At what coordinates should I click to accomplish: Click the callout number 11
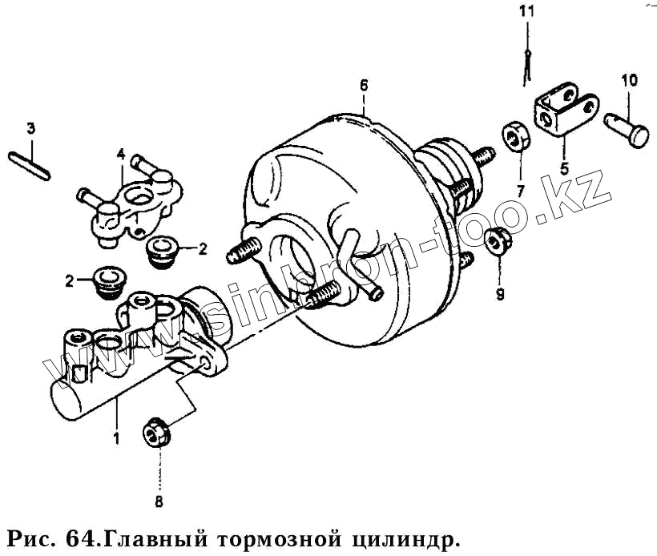[526, 11]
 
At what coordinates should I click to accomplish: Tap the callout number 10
[629, 80]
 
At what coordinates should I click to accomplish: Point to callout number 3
[30, 128]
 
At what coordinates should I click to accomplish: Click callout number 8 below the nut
[158, 502]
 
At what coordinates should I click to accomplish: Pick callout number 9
[499, 295]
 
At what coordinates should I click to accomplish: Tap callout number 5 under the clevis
[563, 169]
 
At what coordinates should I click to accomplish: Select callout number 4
[120, 153]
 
